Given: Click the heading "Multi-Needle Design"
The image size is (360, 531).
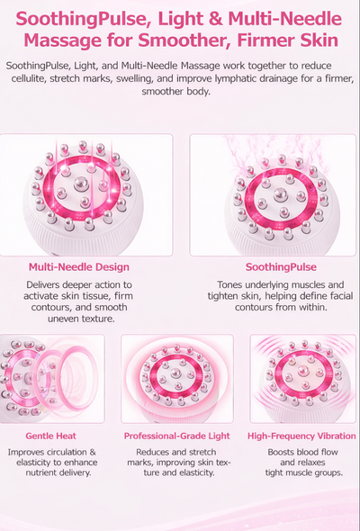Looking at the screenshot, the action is [x=79, y=267].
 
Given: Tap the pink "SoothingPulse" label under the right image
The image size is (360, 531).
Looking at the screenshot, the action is [x=281, y=267].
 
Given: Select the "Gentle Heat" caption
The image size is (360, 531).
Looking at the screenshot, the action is [x=50, y=436].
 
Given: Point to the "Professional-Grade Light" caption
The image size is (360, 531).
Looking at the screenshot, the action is [x=176, y=436].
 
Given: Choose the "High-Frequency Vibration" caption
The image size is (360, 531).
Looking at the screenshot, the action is [x=301, y=436].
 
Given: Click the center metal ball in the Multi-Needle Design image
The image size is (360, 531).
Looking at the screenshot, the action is [x=81, y=184].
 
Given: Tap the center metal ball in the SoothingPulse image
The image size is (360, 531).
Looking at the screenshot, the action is [x=281, y=193].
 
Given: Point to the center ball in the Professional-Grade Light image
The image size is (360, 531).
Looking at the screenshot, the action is [x=175, y=373].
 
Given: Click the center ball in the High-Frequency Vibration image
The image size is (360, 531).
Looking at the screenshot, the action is [x=303, y=372].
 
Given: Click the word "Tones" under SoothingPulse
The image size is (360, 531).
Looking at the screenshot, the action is [x=229, y=284].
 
